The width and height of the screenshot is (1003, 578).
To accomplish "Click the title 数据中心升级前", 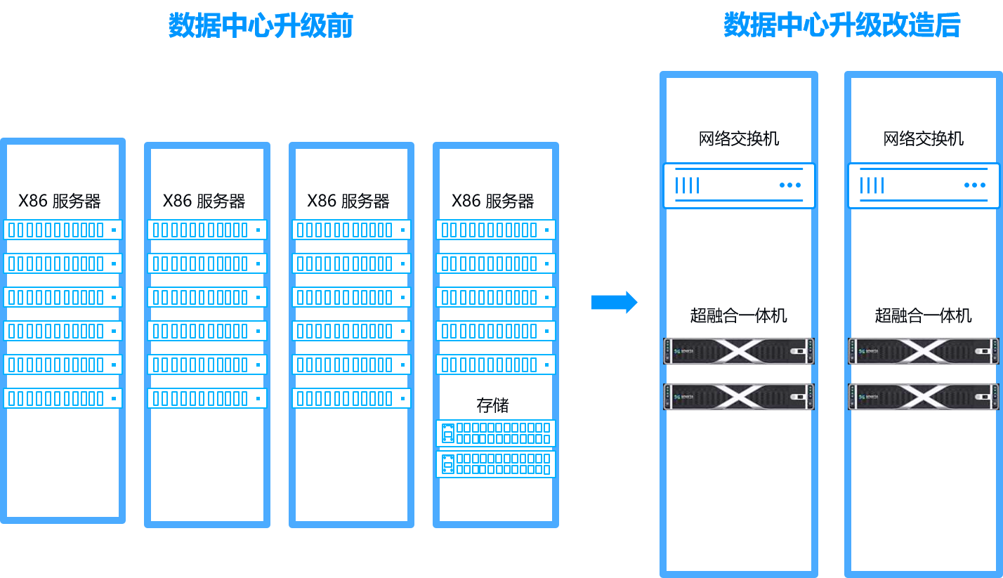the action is tap(261, 25).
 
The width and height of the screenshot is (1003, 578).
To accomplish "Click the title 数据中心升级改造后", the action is tap(841, 25).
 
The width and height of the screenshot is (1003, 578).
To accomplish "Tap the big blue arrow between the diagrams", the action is tap(615, 302).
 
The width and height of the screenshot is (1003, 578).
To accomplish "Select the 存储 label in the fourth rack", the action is tap(492, 405).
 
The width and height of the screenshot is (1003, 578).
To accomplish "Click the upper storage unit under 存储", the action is tap(496, 433).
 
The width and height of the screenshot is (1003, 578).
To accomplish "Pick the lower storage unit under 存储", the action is tap(496, 464).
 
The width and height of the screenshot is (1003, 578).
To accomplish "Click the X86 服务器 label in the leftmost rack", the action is tap(60, 201).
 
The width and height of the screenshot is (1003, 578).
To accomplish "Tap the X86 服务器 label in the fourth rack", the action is tap(492, 201).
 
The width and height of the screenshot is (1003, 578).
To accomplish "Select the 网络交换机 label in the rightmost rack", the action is tap(924, 139).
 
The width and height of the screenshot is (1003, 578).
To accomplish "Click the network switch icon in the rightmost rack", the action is tap(924, 185).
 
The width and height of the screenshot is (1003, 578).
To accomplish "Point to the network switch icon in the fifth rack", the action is tap(739, 185).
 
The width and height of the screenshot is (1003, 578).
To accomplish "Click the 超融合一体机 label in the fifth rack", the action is tap(739, 315).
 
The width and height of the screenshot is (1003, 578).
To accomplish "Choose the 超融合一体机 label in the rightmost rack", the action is tap(924, 315).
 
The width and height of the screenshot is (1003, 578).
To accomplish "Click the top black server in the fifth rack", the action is tap(739, 351).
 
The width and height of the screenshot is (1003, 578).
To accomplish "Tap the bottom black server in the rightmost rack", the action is tap(924, 397).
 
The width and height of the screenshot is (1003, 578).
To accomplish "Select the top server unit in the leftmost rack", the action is tap(63, 230).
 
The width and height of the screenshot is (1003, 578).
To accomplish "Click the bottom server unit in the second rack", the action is tap(207, 398).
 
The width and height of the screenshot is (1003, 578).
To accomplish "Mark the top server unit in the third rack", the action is tap(351, 230).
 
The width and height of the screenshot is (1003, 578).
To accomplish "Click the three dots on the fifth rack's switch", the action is tap(790, 185).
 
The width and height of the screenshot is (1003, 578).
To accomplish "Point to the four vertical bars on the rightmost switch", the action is tap(872, 185).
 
